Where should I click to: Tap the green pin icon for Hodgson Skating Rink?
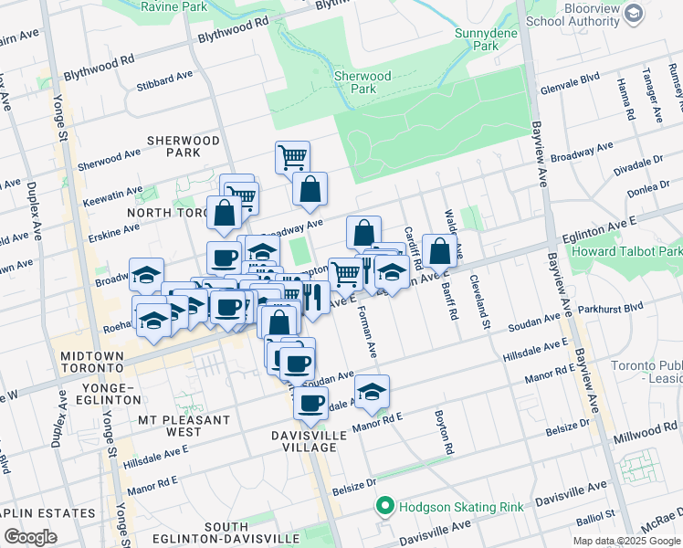pyautogui.click(x=385, y=505)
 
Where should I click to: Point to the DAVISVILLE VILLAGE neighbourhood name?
pyautogui.click(x=309, y=441)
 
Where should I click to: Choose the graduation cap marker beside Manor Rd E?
pyautogui.click(x=372, y=391)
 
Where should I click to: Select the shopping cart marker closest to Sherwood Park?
pyautogui.click(x=292, y=156)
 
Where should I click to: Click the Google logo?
pyautogui.click(x=30, y=537)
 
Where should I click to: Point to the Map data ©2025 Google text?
pyautogui.click(x=626, y=541)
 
